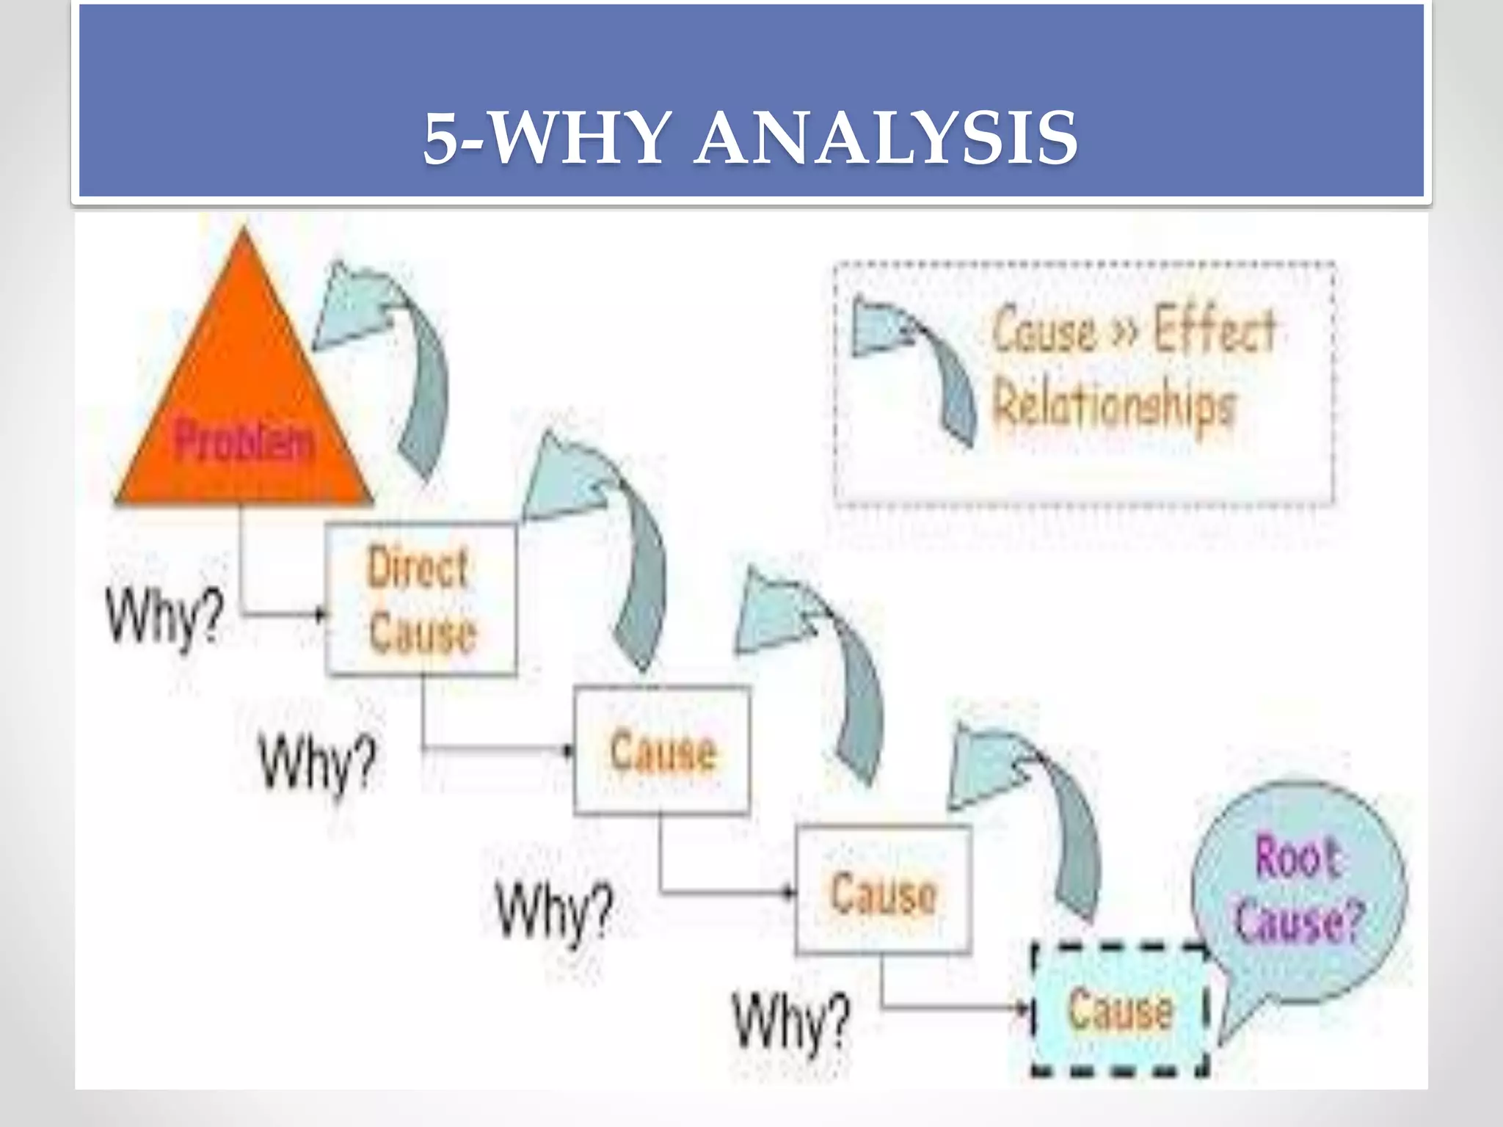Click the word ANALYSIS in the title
(886, 139)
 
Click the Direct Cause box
(421, 599)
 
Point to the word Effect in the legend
(1215, 329)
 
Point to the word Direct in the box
(417, 567)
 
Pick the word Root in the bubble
(1298, 856)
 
